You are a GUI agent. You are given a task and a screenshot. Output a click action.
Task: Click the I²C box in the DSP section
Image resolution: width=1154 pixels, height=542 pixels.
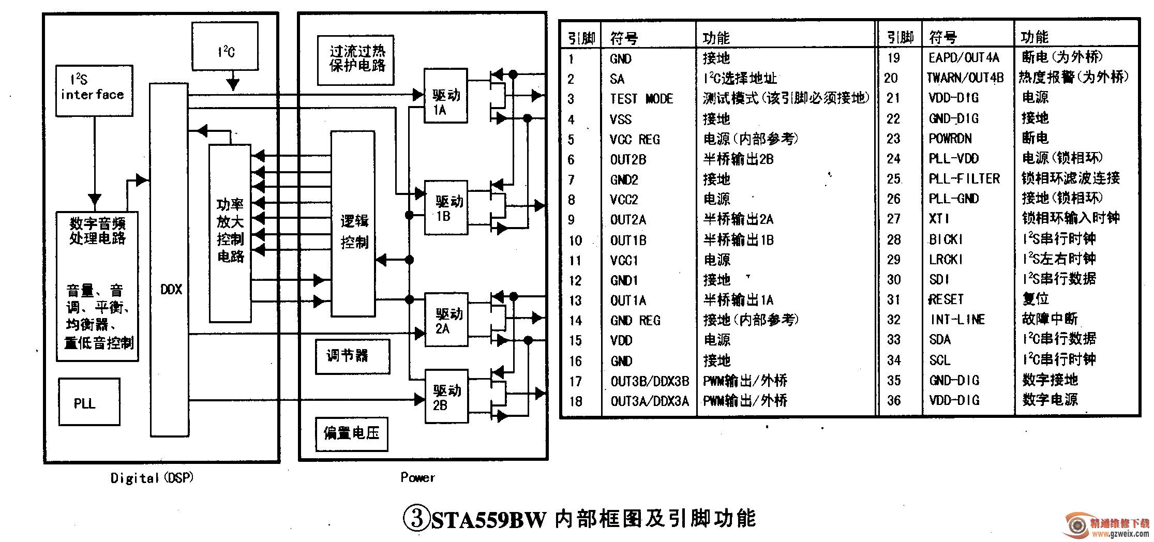pos(225,47)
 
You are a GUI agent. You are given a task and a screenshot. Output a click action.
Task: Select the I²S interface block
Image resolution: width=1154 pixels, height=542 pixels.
pos(94,91)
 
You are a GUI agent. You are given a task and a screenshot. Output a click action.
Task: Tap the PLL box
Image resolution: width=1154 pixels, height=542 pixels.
pos(88,402)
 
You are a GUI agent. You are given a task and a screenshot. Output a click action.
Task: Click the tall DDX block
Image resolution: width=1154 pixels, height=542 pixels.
pos(170,259)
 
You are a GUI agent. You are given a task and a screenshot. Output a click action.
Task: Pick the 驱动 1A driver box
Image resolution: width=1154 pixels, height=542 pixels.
pos(445,96)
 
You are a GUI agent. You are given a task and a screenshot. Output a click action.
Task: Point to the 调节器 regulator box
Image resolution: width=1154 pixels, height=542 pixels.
pos(352,356)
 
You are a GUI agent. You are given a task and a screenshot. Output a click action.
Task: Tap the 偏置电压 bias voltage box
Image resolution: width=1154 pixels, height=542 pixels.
pos(352,433)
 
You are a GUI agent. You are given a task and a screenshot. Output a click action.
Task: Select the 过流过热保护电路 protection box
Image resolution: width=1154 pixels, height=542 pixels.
pos(355,60)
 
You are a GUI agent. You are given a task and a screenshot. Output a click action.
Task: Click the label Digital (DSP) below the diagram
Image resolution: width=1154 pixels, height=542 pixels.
pos(152,478)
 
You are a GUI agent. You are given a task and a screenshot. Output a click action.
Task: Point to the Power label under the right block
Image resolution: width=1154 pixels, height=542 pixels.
pos(417,477)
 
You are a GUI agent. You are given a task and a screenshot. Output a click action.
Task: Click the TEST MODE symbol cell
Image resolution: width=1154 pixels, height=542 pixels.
pos(641,99)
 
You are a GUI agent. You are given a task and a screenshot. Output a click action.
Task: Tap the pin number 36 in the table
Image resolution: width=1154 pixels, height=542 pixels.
pos(894,400)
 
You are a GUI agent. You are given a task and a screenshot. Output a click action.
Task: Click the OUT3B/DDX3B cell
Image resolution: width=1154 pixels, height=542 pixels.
pos(650,382)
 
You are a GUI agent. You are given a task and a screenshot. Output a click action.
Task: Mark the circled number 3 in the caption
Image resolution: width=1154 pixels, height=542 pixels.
pos(416,519)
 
